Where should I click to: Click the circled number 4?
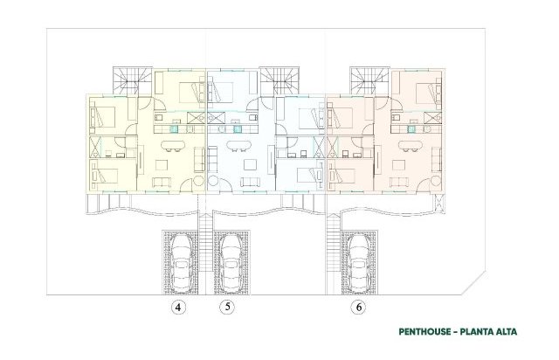point(178,307)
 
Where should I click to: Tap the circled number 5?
point(227,307)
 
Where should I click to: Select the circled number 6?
point(359,307)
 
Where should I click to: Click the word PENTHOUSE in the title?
point(424,332)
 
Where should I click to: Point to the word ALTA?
point(507,332)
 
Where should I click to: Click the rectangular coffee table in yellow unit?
point(162,165)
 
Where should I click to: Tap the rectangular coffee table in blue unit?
point(250,165)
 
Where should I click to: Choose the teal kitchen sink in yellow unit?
point(174,129)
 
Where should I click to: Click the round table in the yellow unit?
point(198,181)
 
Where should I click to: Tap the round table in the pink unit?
point(436,181)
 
